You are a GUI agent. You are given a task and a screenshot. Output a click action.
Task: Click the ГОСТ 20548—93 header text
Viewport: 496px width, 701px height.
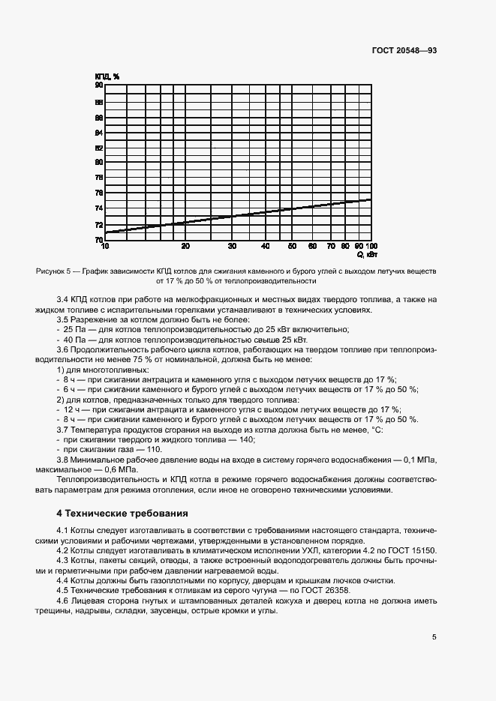pyautogui.click(x=404, y=50)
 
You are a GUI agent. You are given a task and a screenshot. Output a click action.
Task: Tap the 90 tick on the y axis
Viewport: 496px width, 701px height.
pyautogui.click(x=98, y=85)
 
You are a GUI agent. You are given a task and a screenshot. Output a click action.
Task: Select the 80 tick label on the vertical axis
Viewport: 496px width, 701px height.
pyautogui.click(x=98, y=163)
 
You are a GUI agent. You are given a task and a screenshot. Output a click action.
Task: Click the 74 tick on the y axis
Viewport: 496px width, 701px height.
pyautogui.click(x=98, y=208)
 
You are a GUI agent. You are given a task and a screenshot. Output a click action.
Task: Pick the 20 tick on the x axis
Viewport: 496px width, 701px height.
pyautogui.click(x=185, y=247)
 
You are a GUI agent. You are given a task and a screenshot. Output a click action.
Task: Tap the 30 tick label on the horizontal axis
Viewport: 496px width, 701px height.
pyautogui.click(x=232, y=247)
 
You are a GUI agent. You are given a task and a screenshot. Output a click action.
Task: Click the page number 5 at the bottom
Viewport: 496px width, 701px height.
pyautogui.click(x=434, y=637)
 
